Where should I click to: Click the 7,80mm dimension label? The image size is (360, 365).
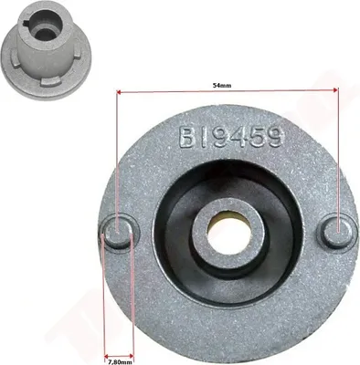click(120, 362)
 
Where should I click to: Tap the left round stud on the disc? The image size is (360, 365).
click(119, 231)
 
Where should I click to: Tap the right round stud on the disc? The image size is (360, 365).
click(336, 231)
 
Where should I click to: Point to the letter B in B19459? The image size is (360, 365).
click(186, 138)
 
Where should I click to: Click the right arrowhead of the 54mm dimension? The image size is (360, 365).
click(335, 90)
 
